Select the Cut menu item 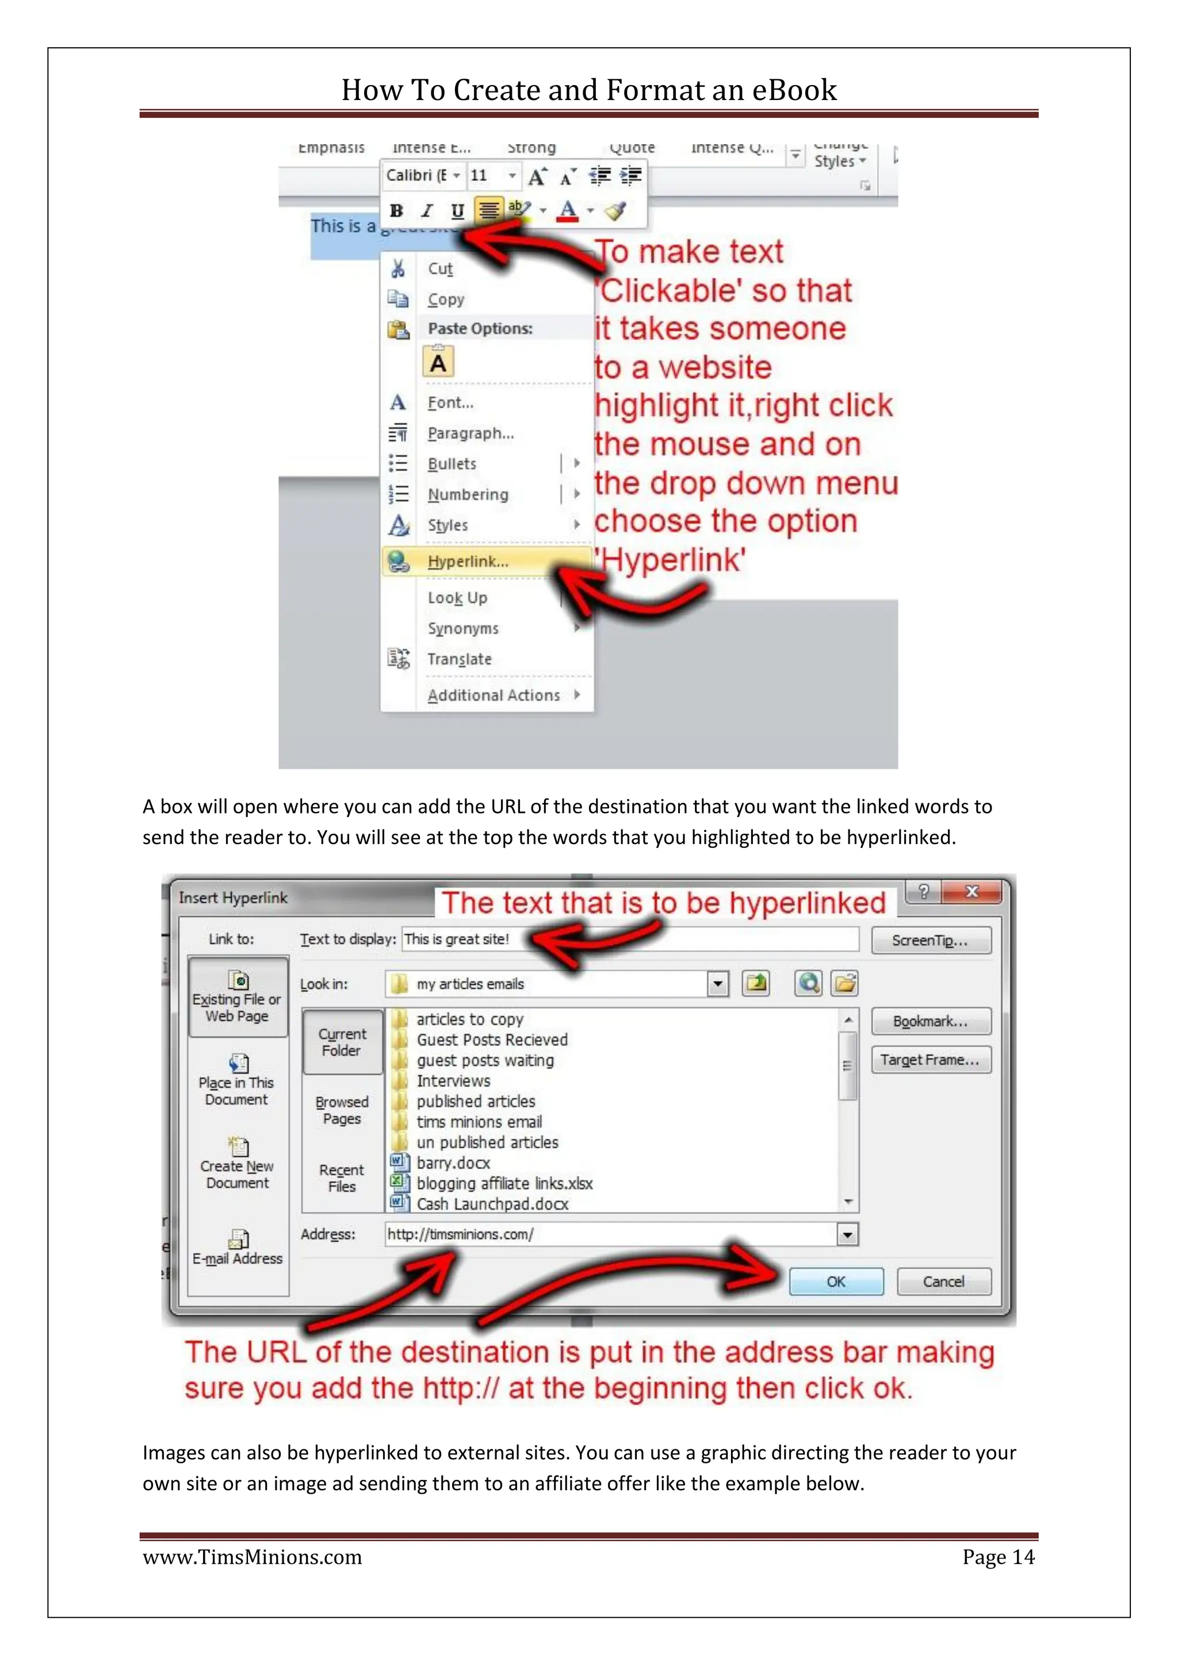click(440, 268)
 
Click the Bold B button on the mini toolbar click(396, 210)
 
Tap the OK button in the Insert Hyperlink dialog click(836, 1282)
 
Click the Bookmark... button click(930, 1021)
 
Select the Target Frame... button click(930, 1060)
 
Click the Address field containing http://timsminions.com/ click(609, 1234)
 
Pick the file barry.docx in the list click(453, 1163)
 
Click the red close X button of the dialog click(972, 891)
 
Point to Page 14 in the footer click(998, 1557)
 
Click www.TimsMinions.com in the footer click(252, 1557)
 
